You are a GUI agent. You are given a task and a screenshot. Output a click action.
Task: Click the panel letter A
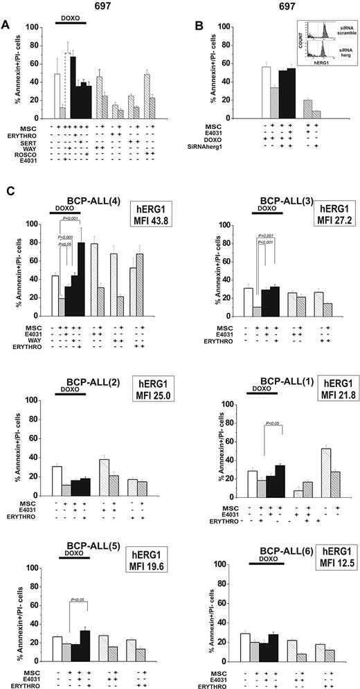[x=6, y=25]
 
